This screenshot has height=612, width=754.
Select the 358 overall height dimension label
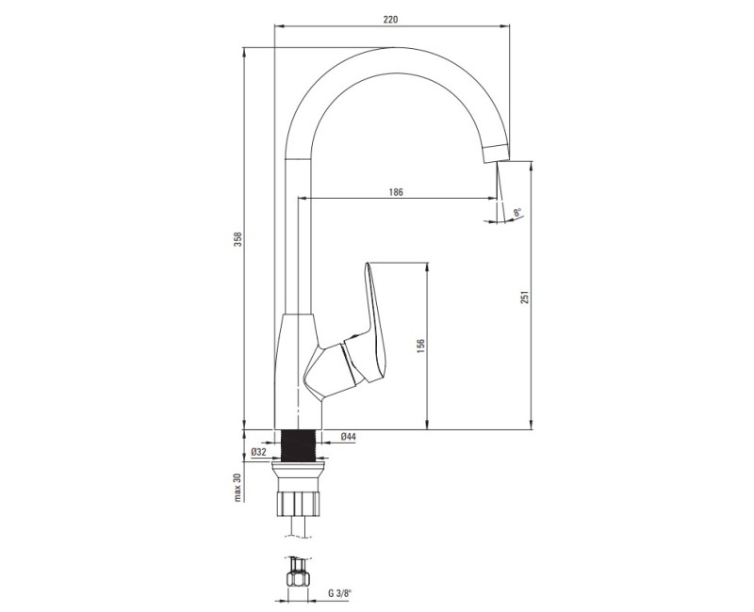tap(238, 241)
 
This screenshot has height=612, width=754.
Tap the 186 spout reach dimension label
tap(396, 191)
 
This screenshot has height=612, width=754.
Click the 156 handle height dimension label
tap(421, 346)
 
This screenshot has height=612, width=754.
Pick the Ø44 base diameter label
tap(347, 437)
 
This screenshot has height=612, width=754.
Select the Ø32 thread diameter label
tap(257, 454)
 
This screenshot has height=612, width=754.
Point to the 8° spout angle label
tap(517, 215)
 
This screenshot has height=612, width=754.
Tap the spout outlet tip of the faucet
tap(495, 155)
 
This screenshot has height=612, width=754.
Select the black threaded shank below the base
tap(302, 444)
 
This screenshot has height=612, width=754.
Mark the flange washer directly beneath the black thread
tap(302, 466)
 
